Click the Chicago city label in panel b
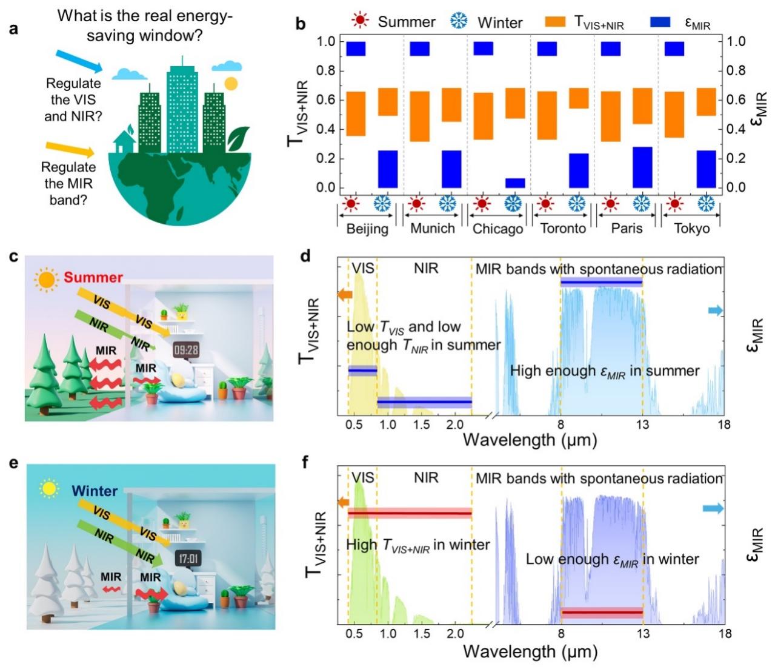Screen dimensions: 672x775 coord(497,229)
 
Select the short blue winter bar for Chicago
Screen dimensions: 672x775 coord(515,183)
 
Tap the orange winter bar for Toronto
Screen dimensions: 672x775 coord(579,98)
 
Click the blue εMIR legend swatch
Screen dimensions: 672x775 coord(660,22)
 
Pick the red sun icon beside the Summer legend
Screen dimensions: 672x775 coord(360,21)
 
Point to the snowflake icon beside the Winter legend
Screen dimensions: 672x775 coord(459,21)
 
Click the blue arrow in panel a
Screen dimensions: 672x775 coord(79,62)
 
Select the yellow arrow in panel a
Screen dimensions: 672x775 coord(70,149)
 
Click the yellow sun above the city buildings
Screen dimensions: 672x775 coord(231,83)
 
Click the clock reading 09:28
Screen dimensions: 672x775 coord(186,350)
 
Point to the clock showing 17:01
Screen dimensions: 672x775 coord(188,558)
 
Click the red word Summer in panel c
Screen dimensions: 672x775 coord(93,278)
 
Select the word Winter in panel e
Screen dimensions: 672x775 coord(95,490)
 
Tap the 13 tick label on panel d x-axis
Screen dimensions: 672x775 coord(642,425)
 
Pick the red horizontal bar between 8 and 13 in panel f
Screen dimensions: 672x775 coord(602,613)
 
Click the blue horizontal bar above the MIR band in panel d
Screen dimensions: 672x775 coord(601,281)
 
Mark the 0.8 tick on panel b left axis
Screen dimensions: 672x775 coord(327,71)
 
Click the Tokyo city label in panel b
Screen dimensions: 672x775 coord(691,229)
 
